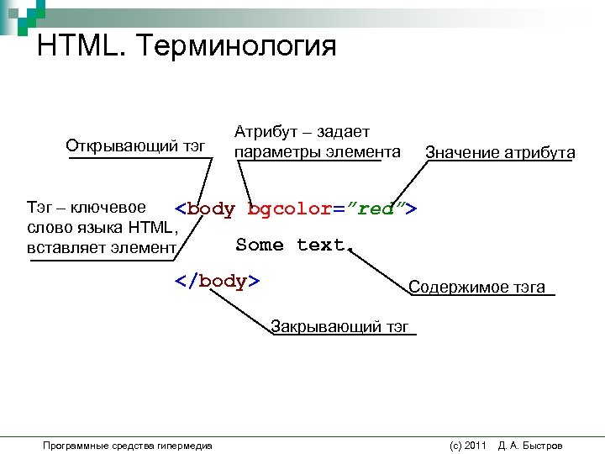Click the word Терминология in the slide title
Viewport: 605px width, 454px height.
pyautogui.click(x=241, y=45)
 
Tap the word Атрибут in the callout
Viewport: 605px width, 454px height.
pyautogui.click(x=261, y=133)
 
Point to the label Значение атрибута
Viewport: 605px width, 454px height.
pyautogui.click(x=500, y=153)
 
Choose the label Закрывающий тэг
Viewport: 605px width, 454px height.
pyautogui.click(x=341, y=327)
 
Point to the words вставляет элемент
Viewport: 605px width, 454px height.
pyautogui.click(x=102, y=247)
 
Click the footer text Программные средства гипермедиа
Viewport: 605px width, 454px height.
pyautogui.click(x=128, y=445)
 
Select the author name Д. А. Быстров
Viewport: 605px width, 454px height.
pyautogui.click(x=530, y=445)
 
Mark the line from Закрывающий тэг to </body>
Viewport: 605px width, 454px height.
pyautogui.click(x=243, y=309)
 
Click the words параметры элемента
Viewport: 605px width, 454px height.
pyautogui.click(x=318, y=152)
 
